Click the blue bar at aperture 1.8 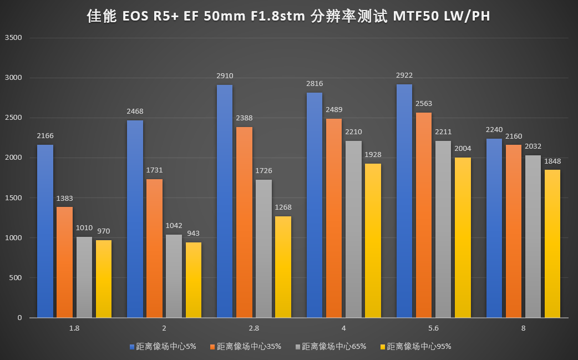(45, 231)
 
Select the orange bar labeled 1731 (155, 248)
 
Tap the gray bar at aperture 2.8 (264, 249)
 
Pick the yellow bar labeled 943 (194, 280)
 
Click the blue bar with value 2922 (404, 201)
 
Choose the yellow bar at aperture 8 (552, 244)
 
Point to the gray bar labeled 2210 (354, 229)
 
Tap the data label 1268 (283, 207)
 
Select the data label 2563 (424, 103)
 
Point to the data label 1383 (65, 198)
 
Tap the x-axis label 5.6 (434, 328)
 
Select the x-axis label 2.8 (254, 328)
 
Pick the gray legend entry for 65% (333, 347)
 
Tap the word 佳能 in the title (102, 17)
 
